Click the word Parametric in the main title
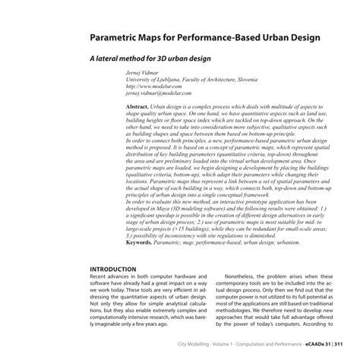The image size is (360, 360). click(122, 36)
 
